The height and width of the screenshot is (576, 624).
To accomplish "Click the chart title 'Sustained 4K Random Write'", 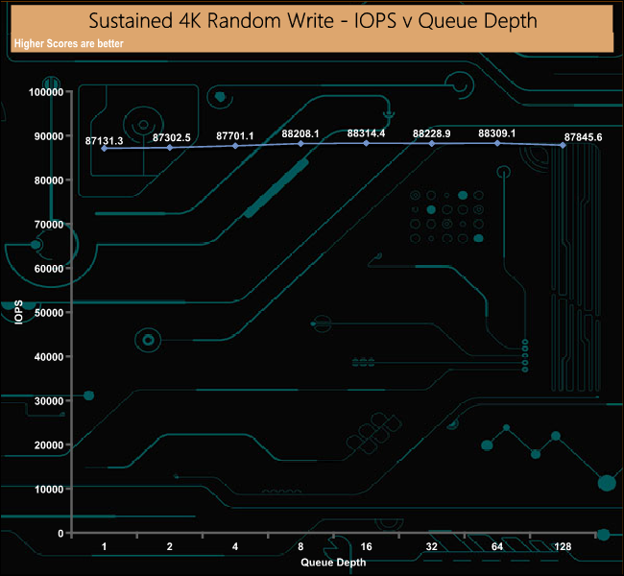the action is pos(211,21).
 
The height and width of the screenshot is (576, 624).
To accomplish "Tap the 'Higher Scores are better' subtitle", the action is pos(69,43).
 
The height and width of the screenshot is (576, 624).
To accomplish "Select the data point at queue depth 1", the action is pos(105,148).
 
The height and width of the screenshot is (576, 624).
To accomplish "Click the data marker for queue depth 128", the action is pos(563,145).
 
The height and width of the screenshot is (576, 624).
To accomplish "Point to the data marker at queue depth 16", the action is pos(366,143).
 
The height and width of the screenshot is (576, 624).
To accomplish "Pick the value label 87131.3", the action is pos(105,140).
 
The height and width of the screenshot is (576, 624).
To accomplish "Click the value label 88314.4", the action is pos(366,132).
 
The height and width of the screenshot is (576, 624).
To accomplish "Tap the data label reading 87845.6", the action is pos(583,137).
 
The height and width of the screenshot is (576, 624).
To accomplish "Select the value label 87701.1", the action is pos(235,135).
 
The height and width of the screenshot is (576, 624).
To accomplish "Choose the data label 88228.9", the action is pos(431,133).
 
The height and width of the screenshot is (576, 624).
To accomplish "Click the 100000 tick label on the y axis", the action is pos(46,92).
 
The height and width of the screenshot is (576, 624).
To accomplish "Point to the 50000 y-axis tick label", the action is pos(49,313).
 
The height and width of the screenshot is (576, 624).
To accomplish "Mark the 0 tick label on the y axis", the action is pos(60,533).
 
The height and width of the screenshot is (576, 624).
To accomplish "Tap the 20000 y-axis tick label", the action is pos(49,445).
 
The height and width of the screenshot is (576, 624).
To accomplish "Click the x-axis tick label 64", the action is pos(497,546).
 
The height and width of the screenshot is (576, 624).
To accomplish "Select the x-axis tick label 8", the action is pos(300,546).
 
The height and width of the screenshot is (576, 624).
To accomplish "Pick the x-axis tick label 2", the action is pos(170,546).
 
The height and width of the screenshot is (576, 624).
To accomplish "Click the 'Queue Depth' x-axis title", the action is pos(333,562).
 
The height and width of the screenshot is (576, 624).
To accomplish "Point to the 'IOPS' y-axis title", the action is pos(18,312).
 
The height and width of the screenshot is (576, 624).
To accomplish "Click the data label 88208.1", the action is pos(300,133).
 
